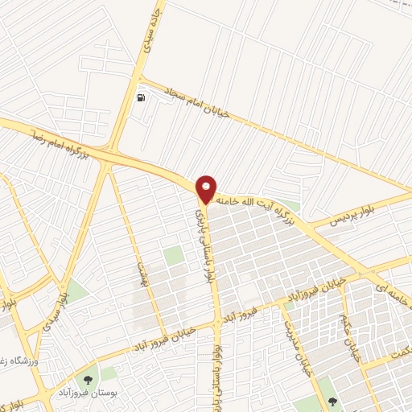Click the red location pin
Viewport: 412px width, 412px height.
pyautogui.click(x=206, y=188)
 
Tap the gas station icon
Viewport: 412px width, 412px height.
pyautogui.click(x=142, y=98)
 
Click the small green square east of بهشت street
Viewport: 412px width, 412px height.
pyautogui.click(x=173, y=256)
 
